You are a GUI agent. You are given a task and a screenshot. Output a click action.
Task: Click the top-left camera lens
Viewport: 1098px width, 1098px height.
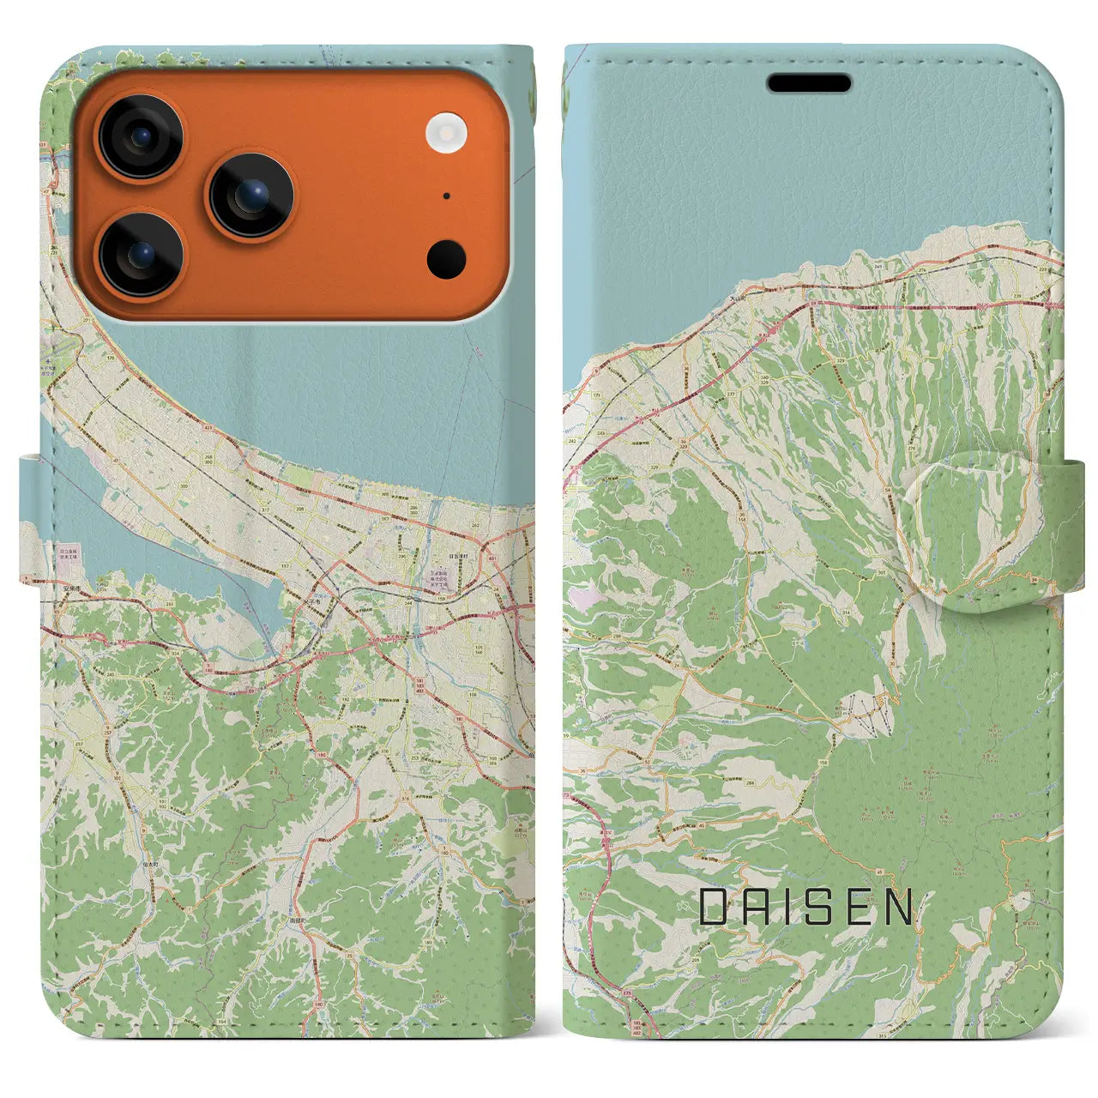click(140, 136)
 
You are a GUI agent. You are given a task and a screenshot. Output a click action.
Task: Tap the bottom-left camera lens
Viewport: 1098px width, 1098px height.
click(140, 255)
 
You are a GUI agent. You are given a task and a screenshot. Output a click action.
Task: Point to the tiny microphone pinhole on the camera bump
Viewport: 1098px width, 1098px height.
click(447, 196)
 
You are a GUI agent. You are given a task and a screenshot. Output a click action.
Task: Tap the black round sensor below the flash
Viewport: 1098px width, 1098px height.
click(446, 258)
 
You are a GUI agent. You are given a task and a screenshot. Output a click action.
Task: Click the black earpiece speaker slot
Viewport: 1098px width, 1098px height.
click(809, 83)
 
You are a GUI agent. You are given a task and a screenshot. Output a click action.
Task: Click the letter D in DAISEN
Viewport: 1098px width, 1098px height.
click(714, 907)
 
